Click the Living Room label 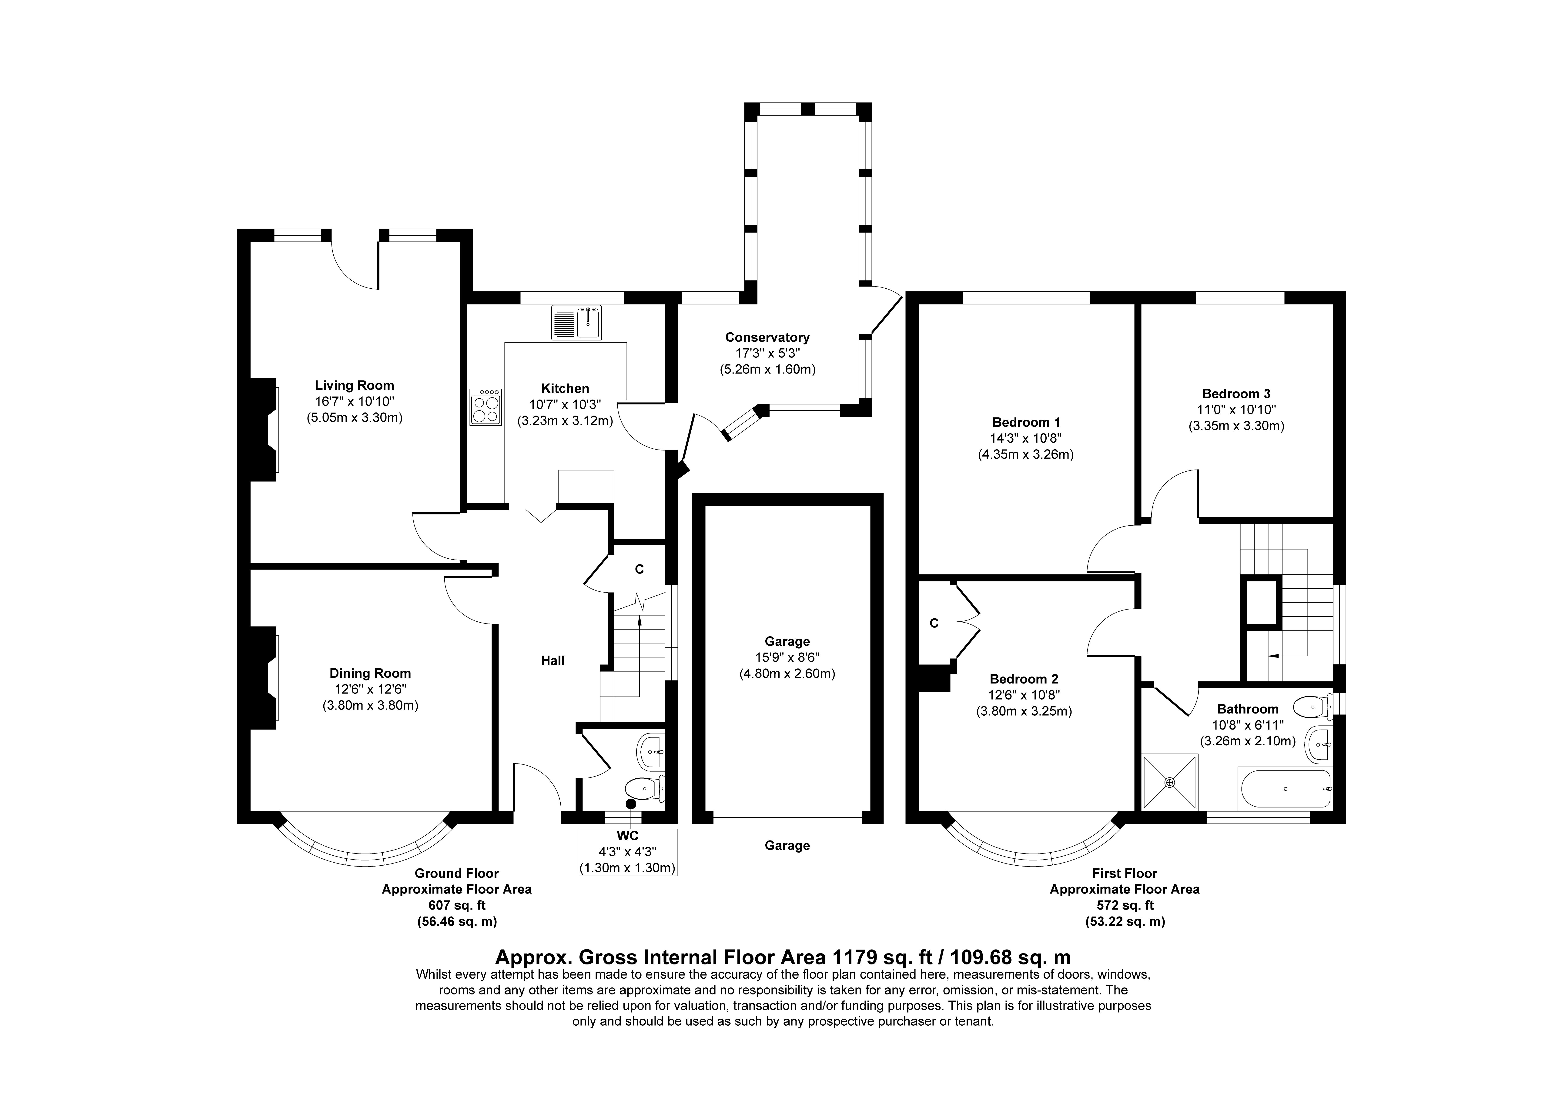pos(354,386)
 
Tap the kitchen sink pos(577,323)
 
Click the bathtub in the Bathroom pos(1284,789)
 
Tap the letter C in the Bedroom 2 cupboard pos(934,623)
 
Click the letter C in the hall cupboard pos(640,569)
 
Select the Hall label pos(553,661)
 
